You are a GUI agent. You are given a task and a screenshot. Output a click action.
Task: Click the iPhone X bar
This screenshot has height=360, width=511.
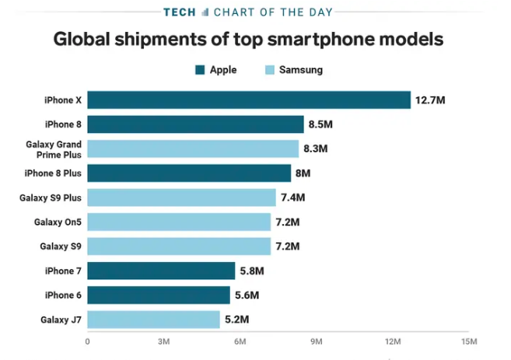coord(249,100)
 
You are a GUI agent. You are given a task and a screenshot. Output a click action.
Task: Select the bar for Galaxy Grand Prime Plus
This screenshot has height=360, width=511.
coord(193,149)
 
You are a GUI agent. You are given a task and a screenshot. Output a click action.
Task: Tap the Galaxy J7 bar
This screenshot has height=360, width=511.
coord(153,320)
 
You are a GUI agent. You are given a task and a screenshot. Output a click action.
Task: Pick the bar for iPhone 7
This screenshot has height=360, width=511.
coord(161,271)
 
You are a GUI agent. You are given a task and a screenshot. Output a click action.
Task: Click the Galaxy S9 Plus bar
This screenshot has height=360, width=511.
coord(181,197)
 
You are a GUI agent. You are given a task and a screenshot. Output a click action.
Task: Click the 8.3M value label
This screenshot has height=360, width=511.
coord(316,149)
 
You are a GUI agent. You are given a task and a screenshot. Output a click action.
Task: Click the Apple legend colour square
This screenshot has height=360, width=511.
coord(200,70)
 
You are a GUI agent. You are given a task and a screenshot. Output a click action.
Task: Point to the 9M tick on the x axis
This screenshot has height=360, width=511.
coord(317,341)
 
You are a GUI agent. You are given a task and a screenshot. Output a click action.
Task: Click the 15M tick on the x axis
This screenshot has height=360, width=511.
coord(469,341)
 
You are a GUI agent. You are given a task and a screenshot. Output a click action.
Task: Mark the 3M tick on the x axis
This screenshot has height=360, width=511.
coord(164,341)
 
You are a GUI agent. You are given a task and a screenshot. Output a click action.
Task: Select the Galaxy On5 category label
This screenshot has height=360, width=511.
coord(58,222)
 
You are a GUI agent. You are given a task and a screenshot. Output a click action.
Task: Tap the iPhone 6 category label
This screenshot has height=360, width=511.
coord(64,295)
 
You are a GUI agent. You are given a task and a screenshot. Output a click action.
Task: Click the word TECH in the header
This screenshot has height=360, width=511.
coord(180,12)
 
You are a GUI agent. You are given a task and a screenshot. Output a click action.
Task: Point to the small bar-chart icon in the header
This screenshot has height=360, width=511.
coord(205,12)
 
